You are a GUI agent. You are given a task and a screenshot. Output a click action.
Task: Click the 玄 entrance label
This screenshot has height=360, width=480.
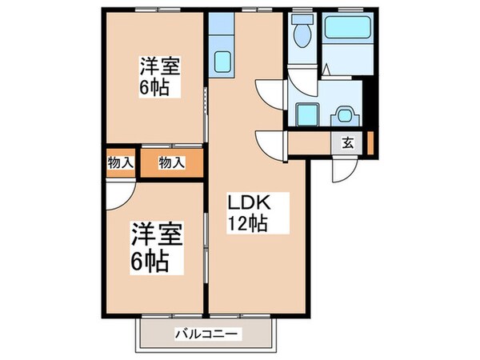[350, 144]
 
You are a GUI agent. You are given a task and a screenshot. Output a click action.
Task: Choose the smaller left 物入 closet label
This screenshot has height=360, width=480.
[120, 163]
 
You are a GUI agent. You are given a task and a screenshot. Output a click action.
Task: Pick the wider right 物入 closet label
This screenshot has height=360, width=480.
[171, 163]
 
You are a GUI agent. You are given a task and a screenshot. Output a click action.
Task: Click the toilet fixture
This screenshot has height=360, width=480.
[302, 33]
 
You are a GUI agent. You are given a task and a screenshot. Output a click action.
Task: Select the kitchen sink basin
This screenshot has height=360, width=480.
[221, 59]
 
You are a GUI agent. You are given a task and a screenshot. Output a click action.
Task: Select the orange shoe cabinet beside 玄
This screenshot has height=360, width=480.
[370, 143]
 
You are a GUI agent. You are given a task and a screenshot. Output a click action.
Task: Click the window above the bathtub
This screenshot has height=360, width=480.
[345, 10]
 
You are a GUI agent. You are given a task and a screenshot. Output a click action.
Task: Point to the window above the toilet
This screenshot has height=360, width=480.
[302, 10]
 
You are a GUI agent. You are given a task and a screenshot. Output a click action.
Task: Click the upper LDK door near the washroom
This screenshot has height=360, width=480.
[270, 90]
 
